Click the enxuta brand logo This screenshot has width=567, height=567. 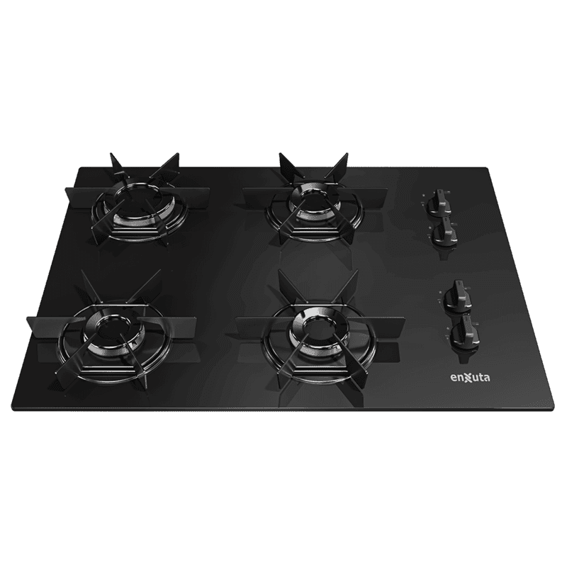pyautogui.click(x=470, y=378)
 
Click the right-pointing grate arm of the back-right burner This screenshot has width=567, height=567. pyautogui.click(x=363, y=196)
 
